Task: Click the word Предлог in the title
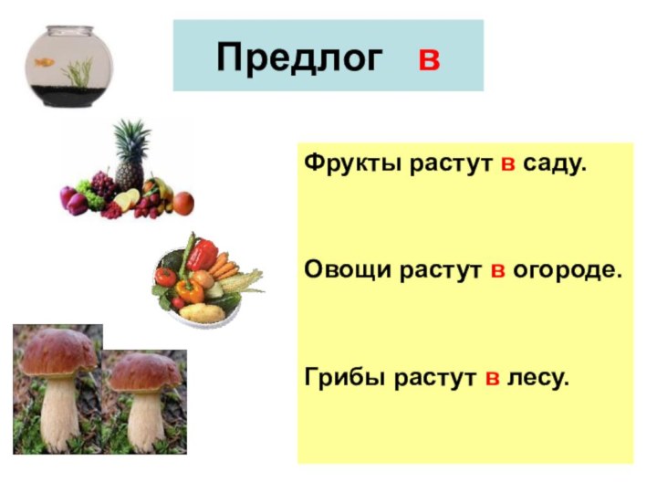[x=298, y=58]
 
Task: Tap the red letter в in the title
[x=428, y=59]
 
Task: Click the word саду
[x=556, y=166]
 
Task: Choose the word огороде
[x=567, y=271]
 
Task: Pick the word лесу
[x=538, y=376]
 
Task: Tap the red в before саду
[x=509, y=166]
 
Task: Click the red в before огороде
[x=498, y=271]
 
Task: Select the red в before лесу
[x=492, y=376]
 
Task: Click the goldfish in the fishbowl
[x=42, y=63]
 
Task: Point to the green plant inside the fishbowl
[x=81, y=70]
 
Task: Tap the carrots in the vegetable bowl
[x=224, y=266]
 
